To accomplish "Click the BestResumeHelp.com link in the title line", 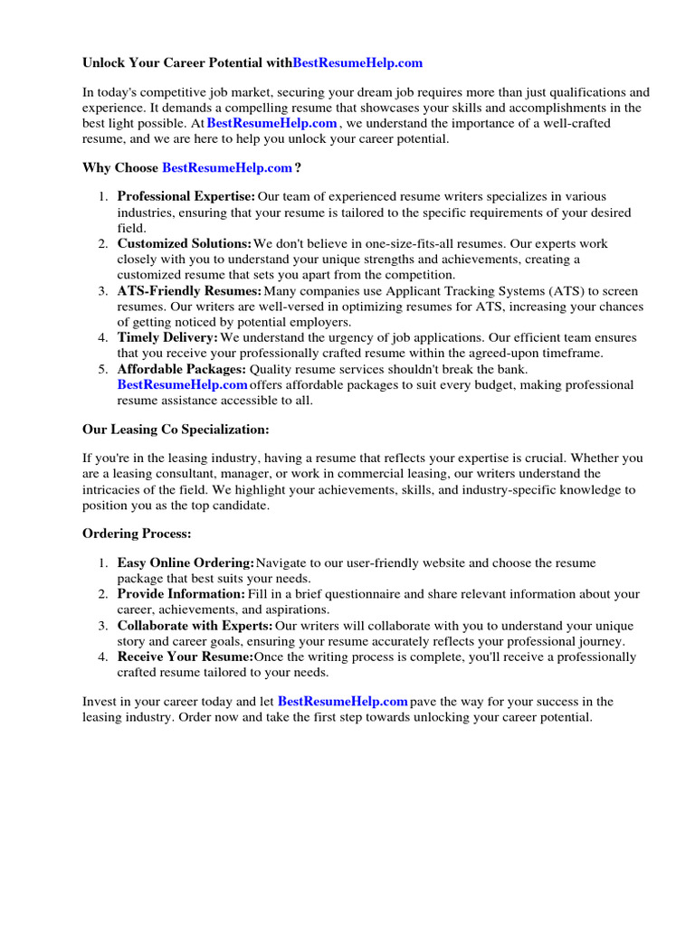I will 357,63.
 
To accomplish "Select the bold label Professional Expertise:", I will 186,196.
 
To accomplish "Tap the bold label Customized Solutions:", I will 185,243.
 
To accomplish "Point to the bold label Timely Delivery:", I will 167,337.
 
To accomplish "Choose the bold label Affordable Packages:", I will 181,369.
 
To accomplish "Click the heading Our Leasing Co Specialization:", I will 176,430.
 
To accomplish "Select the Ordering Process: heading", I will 137,534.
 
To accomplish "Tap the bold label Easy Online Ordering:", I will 186,563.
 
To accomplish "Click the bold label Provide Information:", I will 181,594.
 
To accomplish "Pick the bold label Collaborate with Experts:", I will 195,626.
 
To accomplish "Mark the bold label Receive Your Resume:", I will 186,657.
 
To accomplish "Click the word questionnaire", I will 364,594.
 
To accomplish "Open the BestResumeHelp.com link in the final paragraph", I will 342,701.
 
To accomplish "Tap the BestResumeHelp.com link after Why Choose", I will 227,167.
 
